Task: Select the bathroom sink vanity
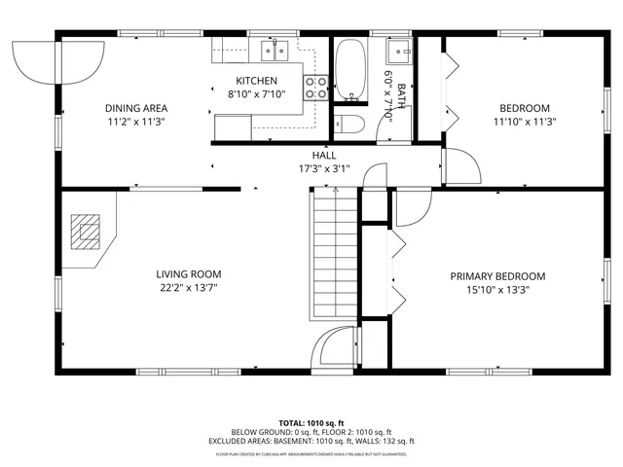[399, 51]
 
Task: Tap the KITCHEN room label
[257, 81]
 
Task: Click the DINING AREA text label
[137, 108]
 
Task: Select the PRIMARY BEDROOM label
[497, 276]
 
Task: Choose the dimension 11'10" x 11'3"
[525, 122]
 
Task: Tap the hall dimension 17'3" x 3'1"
[324, 168]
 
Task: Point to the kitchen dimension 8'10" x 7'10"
[257, 94]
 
